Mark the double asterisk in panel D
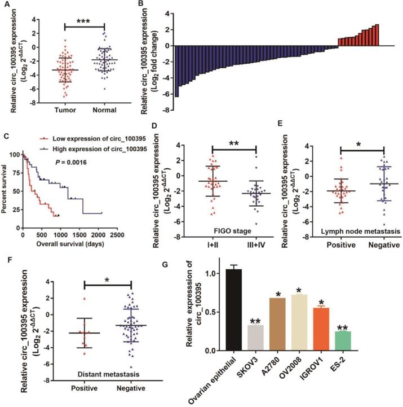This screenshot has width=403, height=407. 234,145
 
